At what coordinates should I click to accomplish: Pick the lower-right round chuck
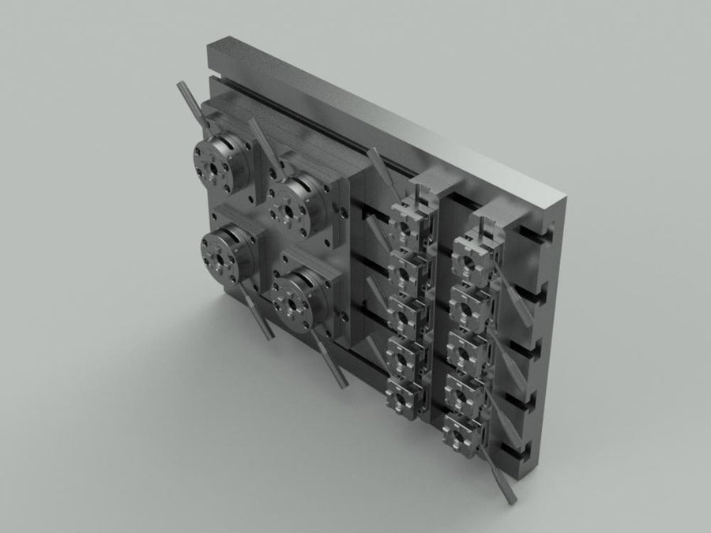[x=296, y=301]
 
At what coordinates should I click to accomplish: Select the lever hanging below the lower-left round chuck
[x=257, y=313]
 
